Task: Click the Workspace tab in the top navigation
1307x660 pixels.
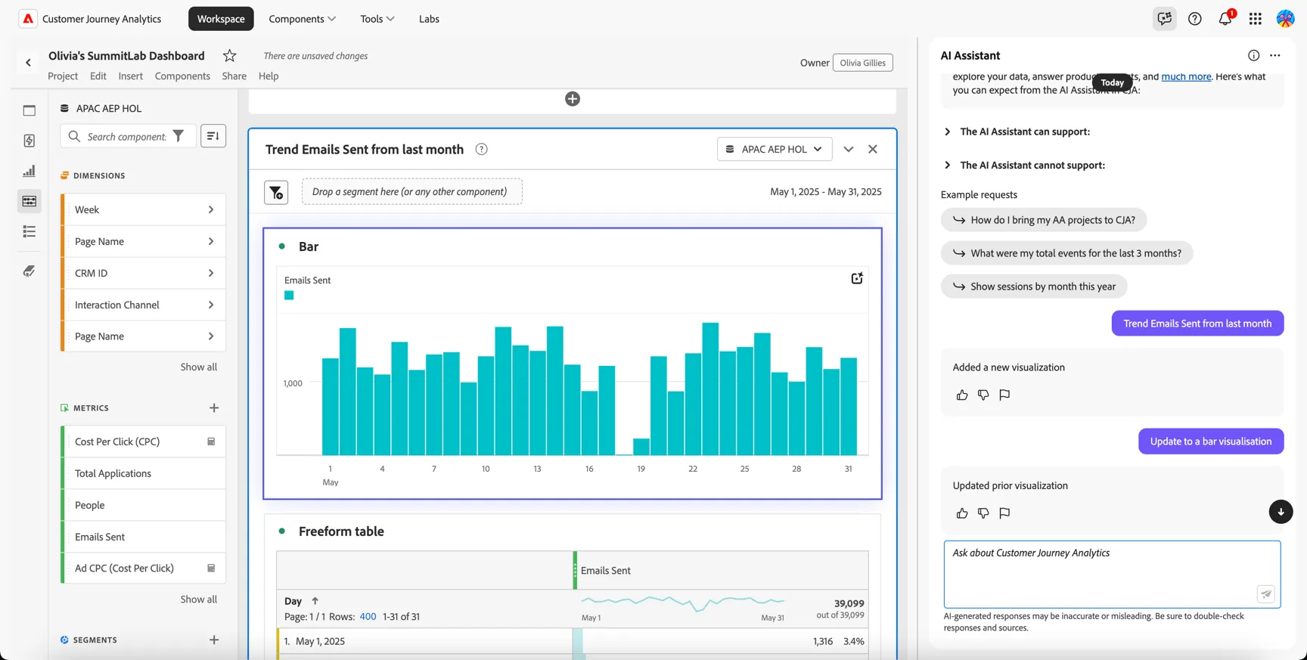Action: point(221,19)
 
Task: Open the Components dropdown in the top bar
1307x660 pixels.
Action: point(302,19)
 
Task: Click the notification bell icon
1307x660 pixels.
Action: point(1225,19)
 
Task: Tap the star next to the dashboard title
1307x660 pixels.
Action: point(230,56)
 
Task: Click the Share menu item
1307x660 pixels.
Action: point(234,76)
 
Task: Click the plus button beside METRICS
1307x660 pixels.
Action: point(214,408)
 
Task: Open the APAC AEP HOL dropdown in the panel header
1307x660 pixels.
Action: point(775,149)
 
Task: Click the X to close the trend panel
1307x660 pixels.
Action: point(873,149)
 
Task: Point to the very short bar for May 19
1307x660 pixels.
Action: point(641,446)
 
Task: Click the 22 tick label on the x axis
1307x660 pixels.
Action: point(693,469)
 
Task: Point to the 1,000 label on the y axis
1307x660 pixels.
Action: point(293,383)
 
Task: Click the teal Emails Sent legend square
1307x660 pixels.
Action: point(289,296)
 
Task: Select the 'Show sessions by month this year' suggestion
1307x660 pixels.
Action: point(1034,287)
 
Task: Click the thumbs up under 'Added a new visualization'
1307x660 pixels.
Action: point(962,395)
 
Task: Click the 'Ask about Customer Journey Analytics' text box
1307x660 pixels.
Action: point(1112,574)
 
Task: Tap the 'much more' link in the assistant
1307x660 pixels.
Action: point(1186,76)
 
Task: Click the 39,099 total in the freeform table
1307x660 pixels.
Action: point(849,603)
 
